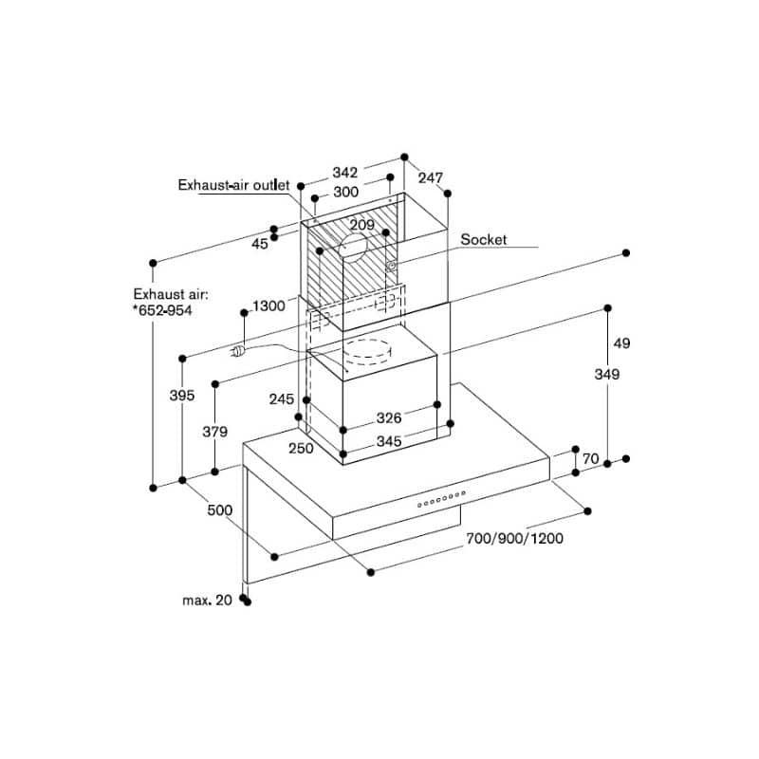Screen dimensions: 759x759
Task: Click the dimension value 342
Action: [344, 173]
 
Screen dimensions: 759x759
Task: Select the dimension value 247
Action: [431, 177]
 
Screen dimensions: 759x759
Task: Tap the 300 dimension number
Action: [345, 192]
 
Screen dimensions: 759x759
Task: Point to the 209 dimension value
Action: [361, 225]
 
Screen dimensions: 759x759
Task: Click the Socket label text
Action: [484, 240]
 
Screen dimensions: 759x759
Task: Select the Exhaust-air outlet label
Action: [233, 186]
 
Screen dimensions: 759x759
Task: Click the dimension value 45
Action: [260, 244]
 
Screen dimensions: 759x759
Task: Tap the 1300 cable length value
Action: [268, 305]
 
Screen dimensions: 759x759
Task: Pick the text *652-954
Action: [161, 311]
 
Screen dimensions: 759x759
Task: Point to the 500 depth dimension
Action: [219, 510]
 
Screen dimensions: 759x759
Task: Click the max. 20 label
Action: [208, 600]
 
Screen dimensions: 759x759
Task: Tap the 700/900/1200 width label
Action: [514, 539]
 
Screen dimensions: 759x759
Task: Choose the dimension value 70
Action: [590, 459]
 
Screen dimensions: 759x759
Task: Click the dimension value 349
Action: [606, 375]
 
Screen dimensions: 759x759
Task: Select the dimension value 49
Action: [621, 342]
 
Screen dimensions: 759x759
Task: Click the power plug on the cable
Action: [240, 351]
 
